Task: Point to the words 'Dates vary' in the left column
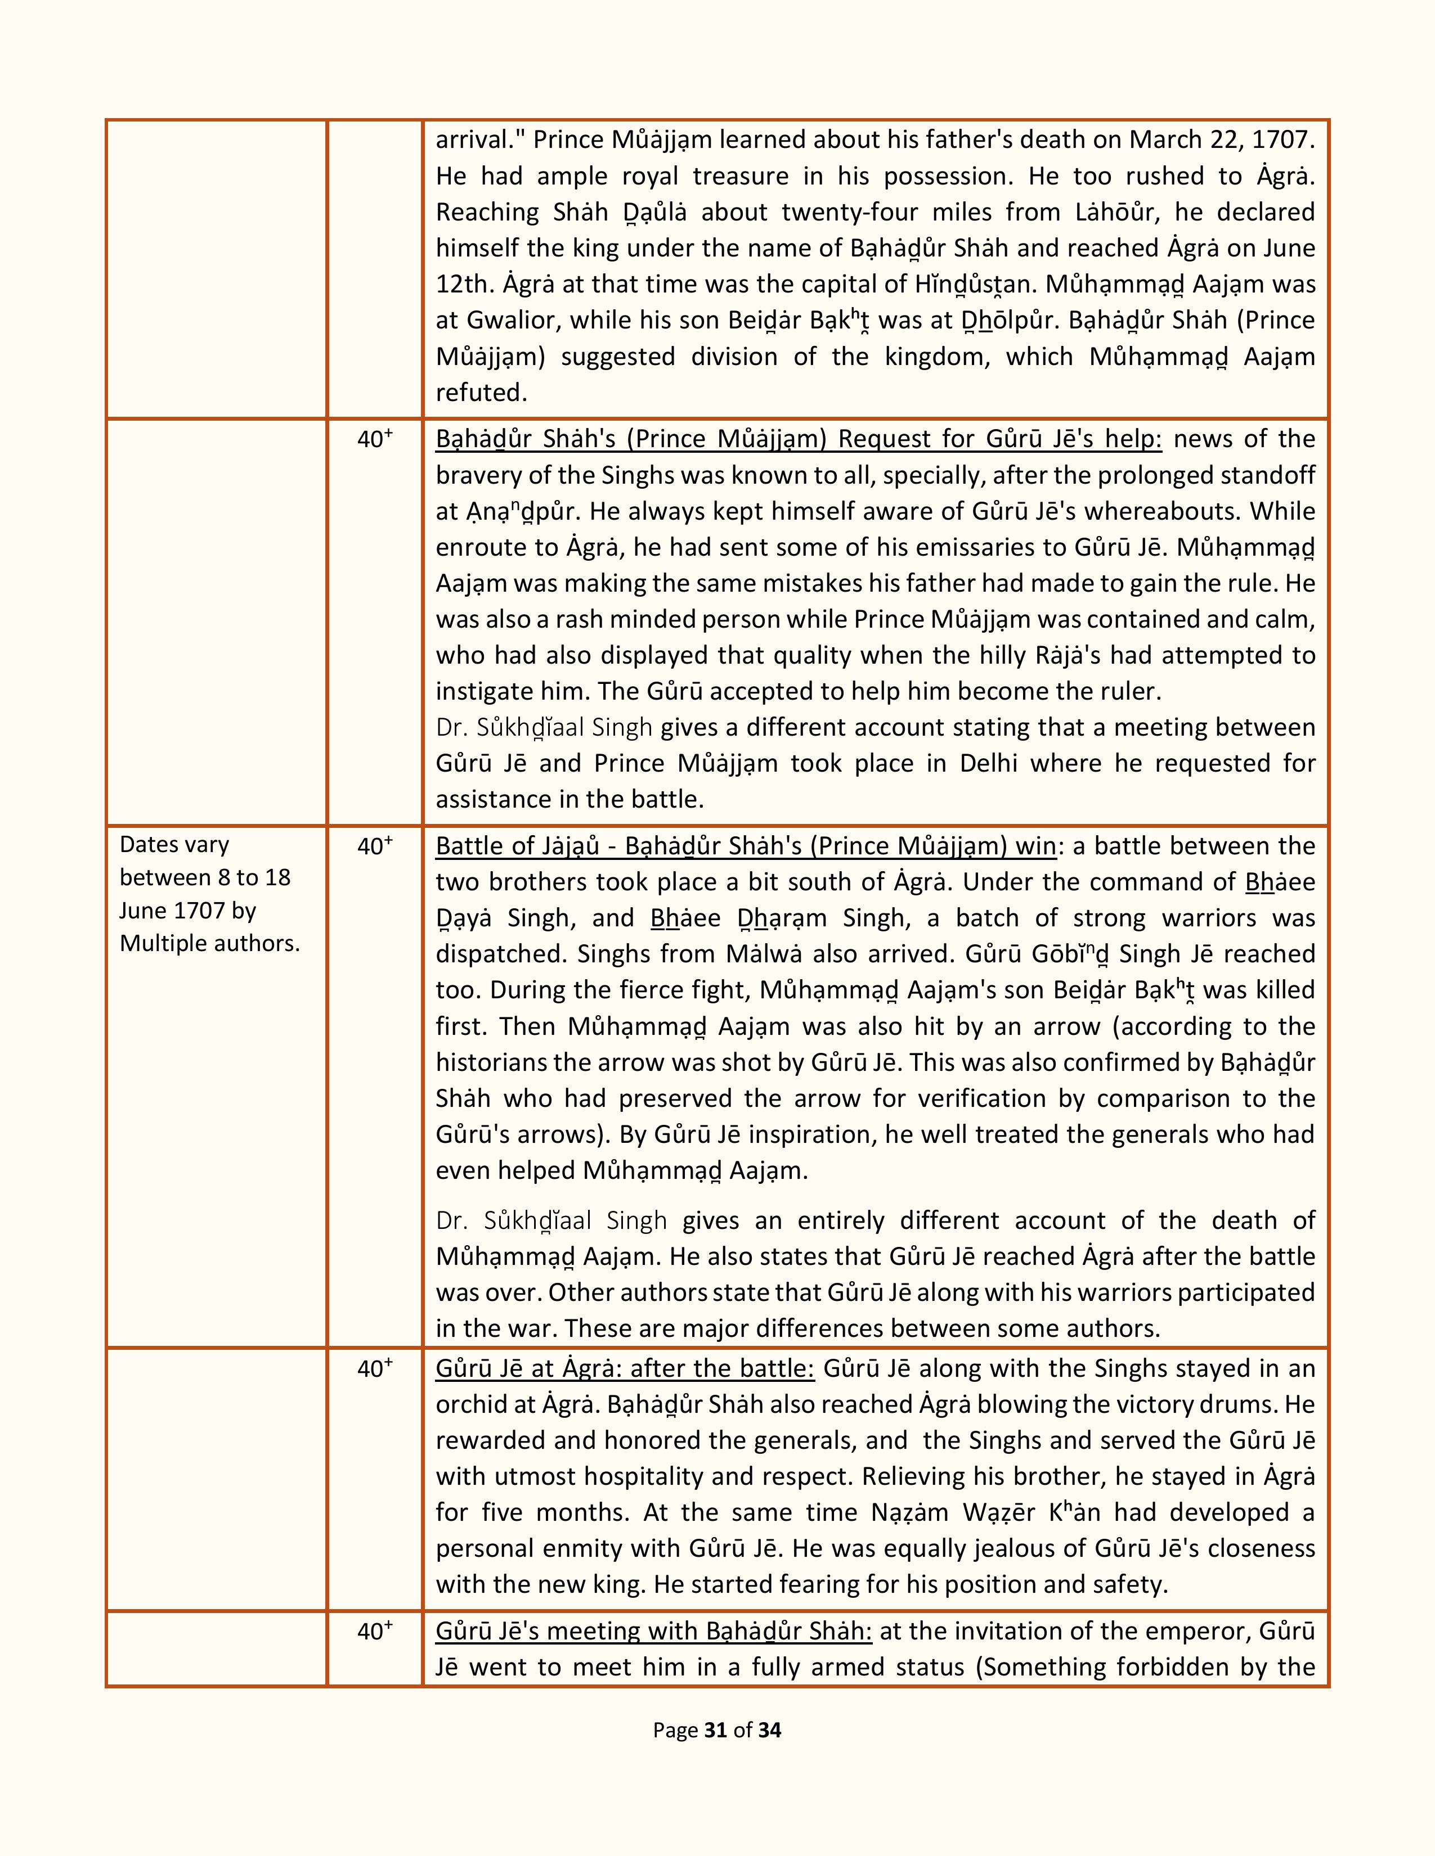pos(174,845)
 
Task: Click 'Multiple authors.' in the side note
pos(210,943)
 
